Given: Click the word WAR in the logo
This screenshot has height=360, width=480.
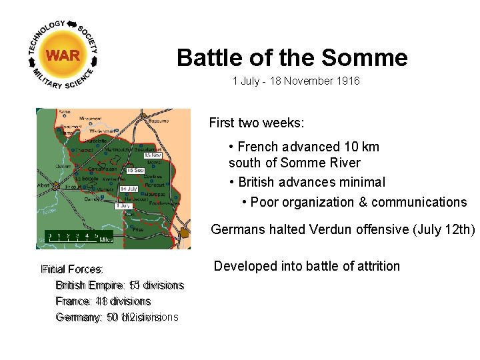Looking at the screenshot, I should [63, 55].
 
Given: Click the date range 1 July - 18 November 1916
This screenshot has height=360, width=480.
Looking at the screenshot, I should [296, 81].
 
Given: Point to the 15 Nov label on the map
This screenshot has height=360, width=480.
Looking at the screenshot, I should [153, 155].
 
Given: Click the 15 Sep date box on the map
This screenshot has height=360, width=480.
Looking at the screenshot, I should [135, 171].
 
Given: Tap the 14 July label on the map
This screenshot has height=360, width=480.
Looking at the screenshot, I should [128, 189].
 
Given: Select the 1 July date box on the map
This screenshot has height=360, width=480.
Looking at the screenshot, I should [123, 206].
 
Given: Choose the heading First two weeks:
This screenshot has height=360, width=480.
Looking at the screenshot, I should [257, 123].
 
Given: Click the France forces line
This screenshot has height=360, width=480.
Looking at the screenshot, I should [103, 301].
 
